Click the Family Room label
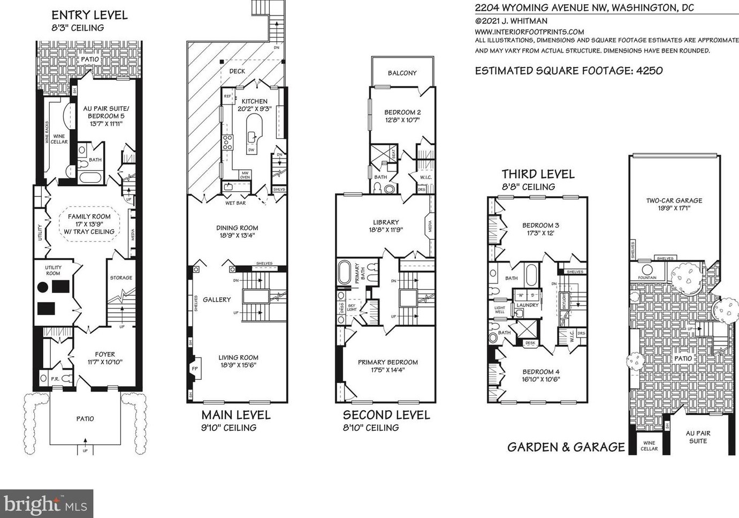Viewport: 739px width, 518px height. pyautogui.click(x=89, y=216)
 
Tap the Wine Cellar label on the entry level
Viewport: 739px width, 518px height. pyautogui.click(x=59, y=139)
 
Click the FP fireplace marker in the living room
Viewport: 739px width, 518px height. pyautogui.click(x=195, y=369)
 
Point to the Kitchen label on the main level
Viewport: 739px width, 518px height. pyautogui.click(x=255, y=101)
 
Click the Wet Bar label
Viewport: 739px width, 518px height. pyautogui.click(x=235, y=203)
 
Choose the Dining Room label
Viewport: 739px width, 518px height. pyautogui.click(x=237, y=228)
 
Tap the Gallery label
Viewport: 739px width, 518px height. pyautogui.click(x=217, y=299)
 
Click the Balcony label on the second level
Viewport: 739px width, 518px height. pyautogui.click(x=402, y=73)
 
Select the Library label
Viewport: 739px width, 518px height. pyautogui.click(x=386, y=222)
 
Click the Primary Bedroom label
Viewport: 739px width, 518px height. pyautogui.click(x=388, y=362)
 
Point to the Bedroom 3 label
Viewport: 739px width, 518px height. pyautogui.click(x=541, y=226)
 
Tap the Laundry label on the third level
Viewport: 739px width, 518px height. pyautogui.click(x=527, y=305)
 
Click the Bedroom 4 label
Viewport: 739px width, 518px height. pyautogui.click(x=541, y=372)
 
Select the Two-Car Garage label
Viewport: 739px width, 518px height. pyautogui.click(x=674, y=201)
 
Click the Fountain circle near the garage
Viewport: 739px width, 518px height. pyautogui.click(x=647, y=269)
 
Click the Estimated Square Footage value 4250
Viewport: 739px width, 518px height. pyautogui.click(x=650, y=71)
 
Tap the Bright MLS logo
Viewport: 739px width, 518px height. pyautogui.click(x=47, y=504)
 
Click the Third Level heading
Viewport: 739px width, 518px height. pyautogui.click(x=538, y=174)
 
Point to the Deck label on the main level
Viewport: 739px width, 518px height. pyautogui.click(x=237, y=71)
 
